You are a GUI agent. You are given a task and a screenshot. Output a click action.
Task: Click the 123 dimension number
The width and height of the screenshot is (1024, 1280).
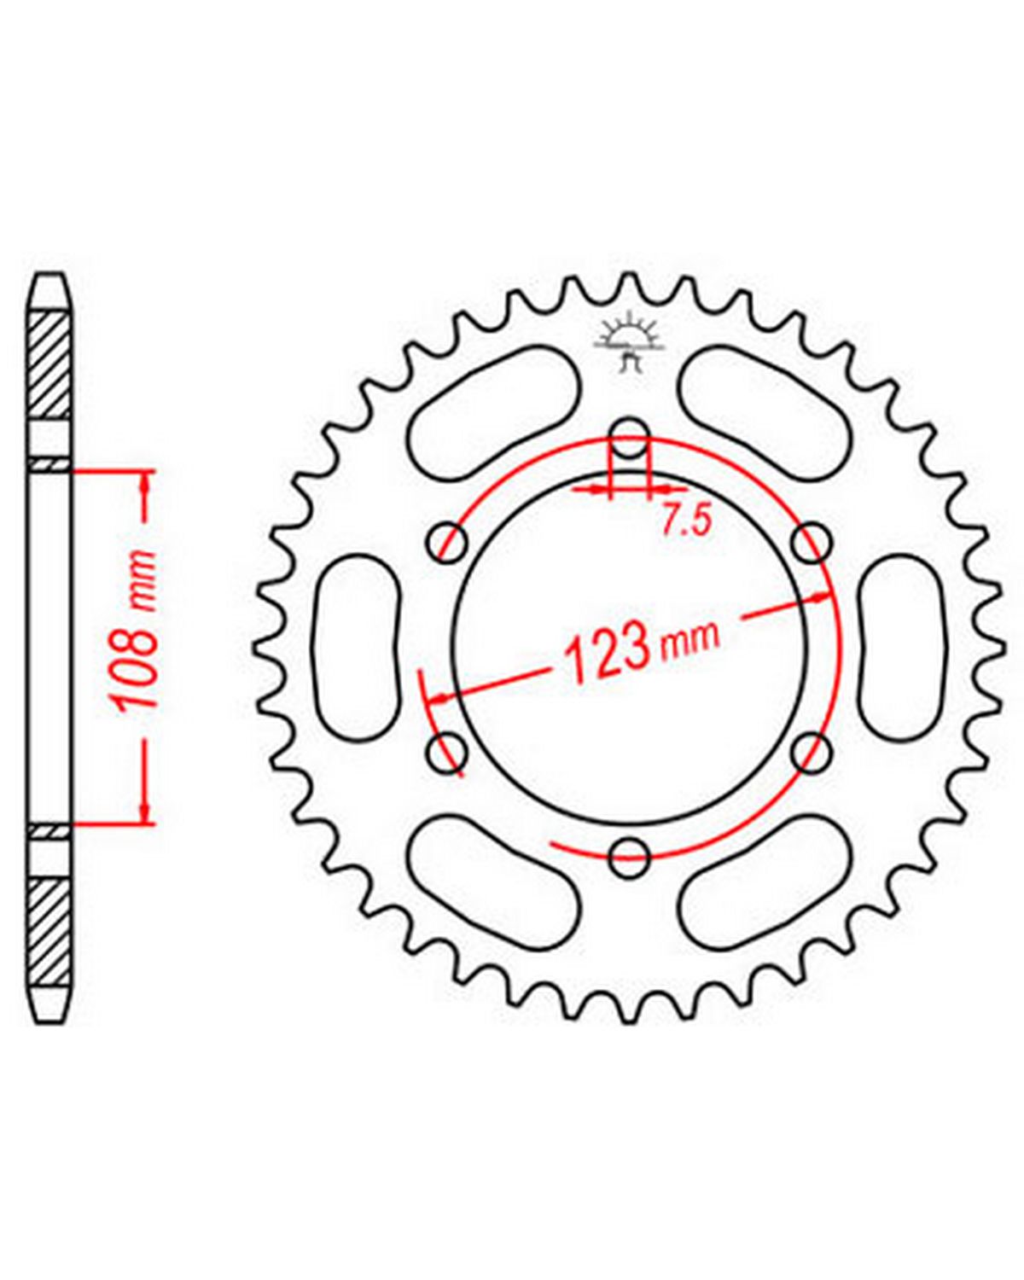[604, 657]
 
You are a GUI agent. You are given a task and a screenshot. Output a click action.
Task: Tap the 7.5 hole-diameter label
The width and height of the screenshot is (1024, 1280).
[686, 523]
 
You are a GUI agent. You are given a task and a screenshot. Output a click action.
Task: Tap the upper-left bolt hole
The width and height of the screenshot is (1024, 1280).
[447, 542]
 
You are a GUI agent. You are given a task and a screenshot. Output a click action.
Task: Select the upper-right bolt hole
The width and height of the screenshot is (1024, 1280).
[812, 542]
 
